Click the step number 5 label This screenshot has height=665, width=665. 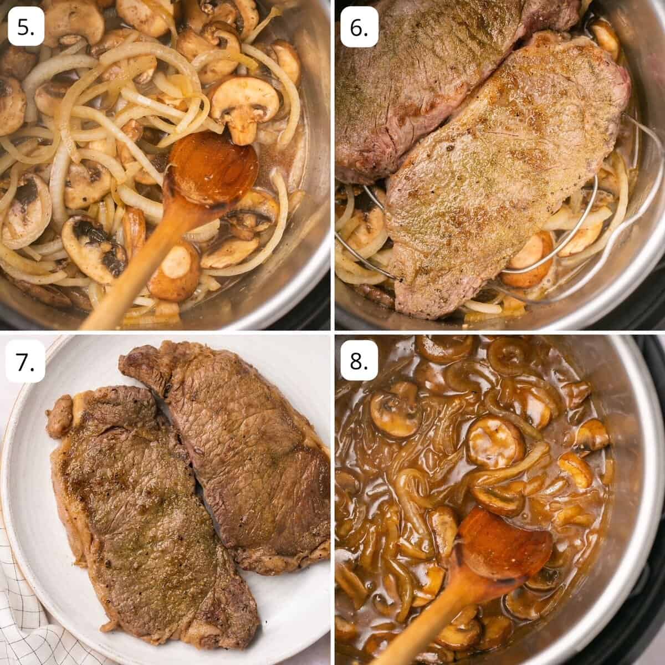click(26, 27)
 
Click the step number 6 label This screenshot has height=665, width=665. click(359, 27)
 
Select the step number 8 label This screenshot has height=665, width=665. click(359, 361)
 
